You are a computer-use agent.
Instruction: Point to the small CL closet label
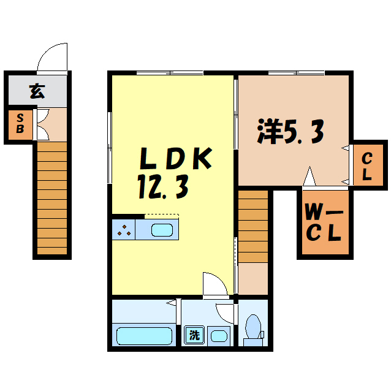point(366,165)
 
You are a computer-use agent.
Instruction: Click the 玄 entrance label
point(37,92)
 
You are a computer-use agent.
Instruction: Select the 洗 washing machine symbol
point(194,335)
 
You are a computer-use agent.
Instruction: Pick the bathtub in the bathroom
point(145,336)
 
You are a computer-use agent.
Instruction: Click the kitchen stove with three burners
point(124,230)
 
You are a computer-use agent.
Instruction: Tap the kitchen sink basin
point(162,230)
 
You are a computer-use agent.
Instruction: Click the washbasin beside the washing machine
point(218,335)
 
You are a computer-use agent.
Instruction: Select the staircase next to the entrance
point(51,196)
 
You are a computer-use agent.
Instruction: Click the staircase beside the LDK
point(253,226)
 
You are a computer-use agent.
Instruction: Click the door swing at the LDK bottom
point(215,284)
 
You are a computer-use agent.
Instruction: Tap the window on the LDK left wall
point(110,147)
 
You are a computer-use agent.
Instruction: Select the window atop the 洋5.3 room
point(295,74)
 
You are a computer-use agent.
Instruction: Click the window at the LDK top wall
point(170,74)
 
